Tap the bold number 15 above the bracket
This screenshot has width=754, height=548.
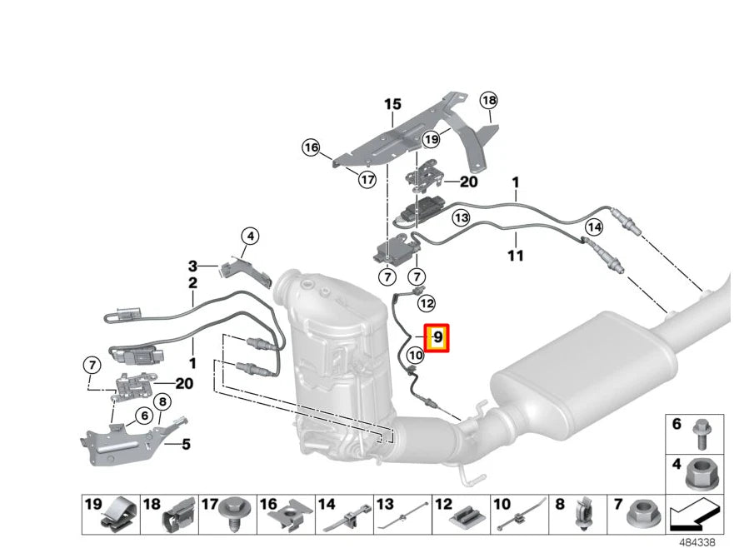pyautogui.click(x=392, y=104)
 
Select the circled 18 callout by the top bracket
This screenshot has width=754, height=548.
pyautogui.click(x=488, y=101)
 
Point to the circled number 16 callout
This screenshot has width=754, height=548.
pyautogui.click(x=311, y=147)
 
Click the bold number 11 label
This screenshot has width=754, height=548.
pyautogui.click(x=516, y=256)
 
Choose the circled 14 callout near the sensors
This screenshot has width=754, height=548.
pyautogui.click(x=593, y=227)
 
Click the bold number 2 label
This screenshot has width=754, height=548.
pyautogui.click(x=192, y=283)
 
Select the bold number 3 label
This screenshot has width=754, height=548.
pyautogui.click(x=192, y=267)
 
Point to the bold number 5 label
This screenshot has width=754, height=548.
pyautogui.click(x=185, y=444)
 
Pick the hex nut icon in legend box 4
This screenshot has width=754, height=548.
pyautogui.click(x=698, y=473)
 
